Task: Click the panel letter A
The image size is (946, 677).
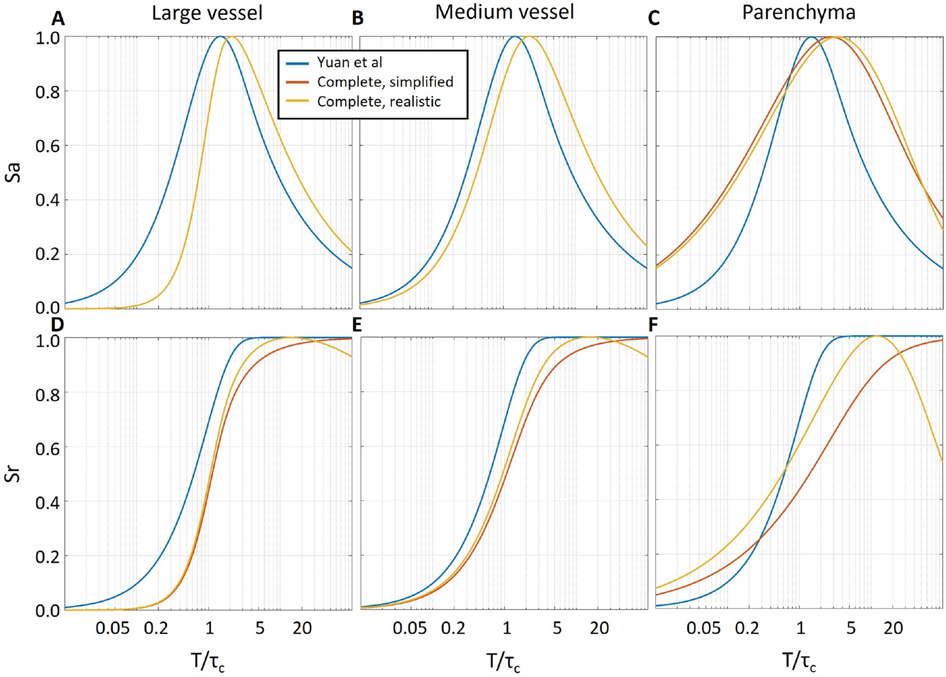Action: [58, 19]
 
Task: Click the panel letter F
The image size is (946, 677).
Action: [653, 325]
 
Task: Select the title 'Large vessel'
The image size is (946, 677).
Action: [207, 13]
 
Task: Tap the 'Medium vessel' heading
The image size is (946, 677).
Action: [504, 12]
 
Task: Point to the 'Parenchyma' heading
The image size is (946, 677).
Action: [798, 12]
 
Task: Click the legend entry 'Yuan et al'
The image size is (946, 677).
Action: [349, 63]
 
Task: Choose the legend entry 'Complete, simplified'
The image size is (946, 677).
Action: [385, 82]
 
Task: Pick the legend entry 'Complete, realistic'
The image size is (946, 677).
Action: [378, 102]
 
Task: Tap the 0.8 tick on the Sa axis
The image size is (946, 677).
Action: [47, 91]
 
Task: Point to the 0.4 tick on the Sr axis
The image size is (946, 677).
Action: [47, 502]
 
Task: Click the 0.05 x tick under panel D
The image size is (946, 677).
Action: [112, 628]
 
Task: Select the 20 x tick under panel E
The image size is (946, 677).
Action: [599, 628]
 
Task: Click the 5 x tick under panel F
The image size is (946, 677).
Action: [851, 628]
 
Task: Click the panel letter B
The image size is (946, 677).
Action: [358, 19]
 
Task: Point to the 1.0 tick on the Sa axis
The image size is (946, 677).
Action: [47, 37]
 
